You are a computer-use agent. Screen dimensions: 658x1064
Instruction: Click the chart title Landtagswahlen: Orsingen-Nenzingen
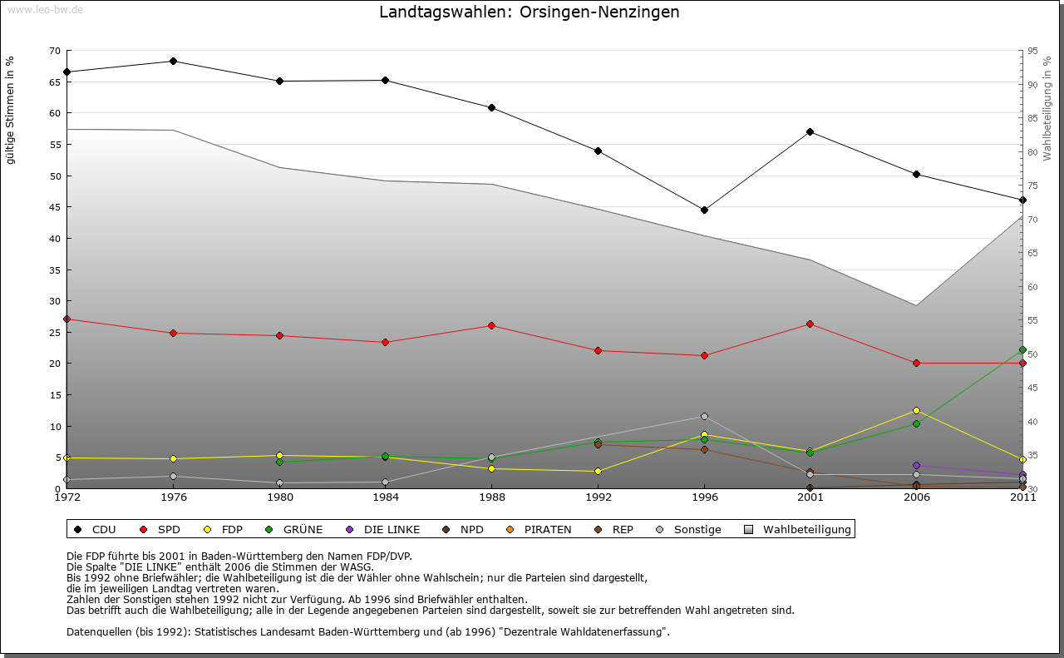(x=530, y=12)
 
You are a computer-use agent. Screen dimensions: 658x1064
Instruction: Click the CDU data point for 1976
(x=173, y=61)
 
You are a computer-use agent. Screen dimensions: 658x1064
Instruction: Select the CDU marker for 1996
(x=704, y=210)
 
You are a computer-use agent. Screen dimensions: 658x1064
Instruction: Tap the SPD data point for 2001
(x=810, y=324)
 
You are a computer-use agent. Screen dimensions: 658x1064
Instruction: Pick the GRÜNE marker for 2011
(x=1022, y=350)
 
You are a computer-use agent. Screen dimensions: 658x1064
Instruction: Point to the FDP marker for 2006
(x=916, y=410)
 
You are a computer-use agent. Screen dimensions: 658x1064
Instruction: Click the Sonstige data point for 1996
(x=704, y=416)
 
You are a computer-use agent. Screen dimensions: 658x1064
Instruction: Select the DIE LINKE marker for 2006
(x=916, y=465)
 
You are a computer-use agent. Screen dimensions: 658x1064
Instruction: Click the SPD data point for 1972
(x=66, y=319)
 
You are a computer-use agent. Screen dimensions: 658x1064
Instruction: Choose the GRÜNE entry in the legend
(x=295, y=529)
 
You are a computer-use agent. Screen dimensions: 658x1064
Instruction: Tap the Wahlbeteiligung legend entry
(x=798, y=529)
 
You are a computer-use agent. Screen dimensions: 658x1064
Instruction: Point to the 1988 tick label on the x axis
(x=491, y=497)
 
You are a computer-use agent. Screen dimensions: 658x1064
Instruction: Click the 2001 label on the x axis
(x=810, y=497)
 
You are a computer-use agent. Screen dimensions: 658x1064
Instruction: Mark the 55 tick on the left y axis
(x=55, y=145)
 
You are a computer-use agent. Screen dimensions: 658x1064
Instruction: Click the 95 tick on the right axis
(x=1032, y=51)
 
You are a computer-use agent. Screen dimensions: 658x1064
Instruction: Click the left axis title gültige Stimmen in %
(x=10, y=110)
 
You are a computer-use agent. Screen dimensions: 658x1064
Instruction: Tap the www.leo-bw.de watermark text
(x=45, y=9)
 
